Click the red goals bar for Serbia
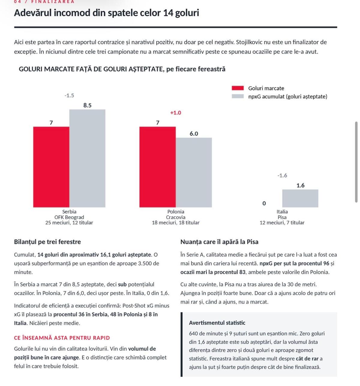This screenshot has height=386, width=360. pyautogui.click(x=51, y=167)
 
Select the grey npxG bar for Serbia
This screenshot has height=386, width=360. pyautogui.click(x=87, y=158)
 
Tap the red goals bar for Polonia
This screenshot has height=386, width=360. pyautogui.click(x=157, y=167)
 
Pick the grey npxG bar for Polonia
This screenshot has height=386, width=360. pyautogui.click(x=194, y=172)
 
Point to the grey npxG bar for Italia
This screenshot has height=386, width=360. pyautogui.click(x=300, y=199)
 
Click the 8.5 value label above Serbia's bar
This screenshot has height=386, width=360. pyautogui.click(x=87, y=105)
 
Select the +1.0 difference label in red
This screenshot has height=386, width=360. pyautogui.click(x=175, y=113)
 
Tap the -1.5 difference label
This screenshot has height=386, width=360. pyautogui.click(x=69, y=95)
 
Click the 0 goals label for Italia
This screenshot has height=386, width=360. pyautogui.click(x=264, y=203)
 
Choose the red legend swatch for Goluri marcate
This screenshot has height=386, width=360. pyautogui.click(x=238, y=88)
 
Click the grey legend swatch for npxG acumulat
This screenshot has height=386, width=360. pyautogui.click(x=238, y=96)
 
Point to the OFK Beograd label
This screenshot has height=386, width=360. pyautogui.click(x=69, y=217)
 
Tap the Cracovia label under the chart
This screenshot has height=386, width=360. pyautogui.click(x=175, y=217)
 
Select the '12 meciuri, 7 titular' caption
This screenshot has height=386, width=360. pyautogui.click(x=282, y=223)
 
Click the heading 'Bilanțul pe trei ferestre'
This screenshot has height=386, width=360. pyautogui.click(x=47, y=242)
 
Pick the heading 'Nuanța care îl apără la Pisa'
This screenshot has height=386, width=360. pyautogui.click(x=219, y=242)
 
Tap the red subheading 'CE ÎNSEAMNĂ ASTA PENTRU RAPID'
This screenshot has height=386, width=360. pyautogui.click(x=62, y=338)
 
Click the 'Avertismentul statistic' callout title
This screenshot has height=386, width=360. pyautogui.click(x=217, y=323)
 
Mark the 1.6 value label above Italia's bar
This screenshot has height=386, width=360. pyautogui.click(x=300, y=185)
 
